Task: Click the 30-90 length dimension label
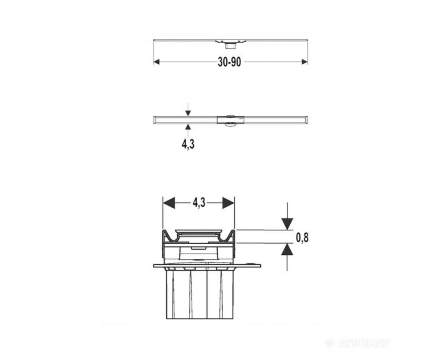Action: (x=229, y=62)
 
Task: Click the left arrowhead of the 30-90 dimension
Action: (x=157, y=62)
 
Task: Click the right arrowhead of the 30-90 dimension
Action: (x=305, y=62)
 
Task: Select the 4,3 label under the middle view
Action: (x=188, y=144)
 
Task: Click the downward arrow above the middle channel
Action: (x=188, y=110)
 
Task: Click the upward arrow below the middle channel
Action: (x=188, y=130)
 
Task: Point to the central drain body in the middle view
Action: (x=230, y=120)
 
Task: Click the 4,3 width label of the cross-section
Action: (x=199, y=203)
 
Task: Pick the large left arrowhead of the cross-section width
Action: (x=169, y=203)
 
